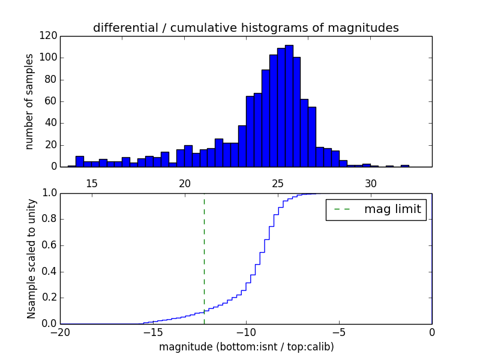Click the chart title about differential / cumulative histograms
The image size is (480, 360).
tap(245, 28)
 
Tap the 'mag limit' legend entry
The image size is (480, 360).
tap(376, 209)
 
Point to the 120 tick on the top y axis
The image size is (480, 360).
tap(49, 36)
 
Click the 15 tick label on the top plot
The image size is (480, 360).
tap(92, 183)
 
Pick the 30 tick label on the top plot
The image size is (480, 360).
tap(371, 183)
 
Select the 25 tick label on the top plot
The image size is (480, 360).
tap(278, 183)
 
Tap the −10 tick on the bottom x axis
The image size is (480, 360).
tap(245, 331)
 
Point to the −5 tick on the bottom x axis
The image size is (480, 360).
tap(338, 331)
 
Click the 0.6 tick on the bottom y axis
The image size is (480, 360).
tap(49, 245)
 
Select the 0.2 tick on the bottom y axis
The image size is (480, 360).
tap(49, 298)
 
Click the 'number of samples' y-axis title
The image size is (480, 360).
tap(29, 101)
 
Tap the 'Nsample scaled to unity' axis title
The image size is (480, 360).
tap(31, 259)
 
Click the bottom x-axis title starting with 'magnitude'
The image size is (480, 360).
tap(246, 347)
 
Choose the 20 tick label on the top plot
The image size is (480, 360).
tap(185, 183)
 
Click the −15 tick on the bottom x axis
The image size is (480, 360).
tap(152, 331)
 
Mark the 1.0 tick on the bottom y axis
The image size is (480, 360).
tap(49, 193)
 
